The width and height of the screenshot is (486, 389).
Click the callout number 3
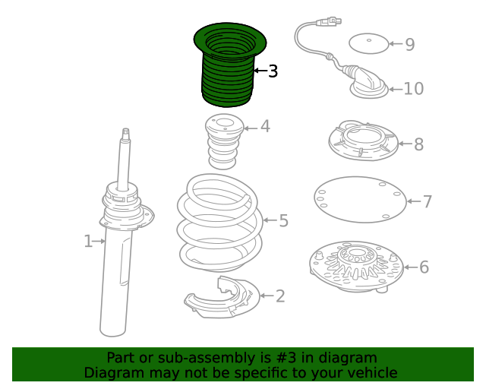pos(273,71)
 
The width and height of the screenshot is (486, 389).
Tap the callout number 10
pos(414,89)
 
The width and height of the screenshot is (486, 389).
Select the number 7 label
pos(428,201)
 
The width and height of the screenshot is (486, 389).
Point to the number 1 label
pos(88,241)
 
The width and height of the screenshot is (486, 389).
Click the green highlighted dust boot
pos(229,65)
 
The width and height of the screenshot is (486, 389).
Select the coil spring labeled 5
pos(220,223)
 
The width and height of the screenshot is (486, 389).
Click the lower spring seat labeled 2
pos(222,297)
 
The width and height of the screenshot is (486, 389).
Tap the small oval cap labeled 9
pos(368,43)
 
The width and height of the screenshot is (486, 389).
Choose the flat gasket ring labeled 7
pos(360,200)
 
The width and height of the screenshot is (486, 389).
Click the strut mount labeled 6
pos(356,267)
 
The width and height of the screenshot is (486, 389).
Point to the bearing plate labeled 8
pos(363,141)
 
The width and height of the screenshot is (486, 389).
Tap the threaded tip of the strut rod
pos(125,134)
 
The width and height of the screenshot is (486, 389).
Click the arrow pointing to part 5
pos(270,220)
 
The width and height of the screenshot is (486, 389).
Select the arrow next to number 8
pos(406,144)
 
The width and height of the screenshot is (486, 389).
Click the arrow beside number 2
pos(267,296)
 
